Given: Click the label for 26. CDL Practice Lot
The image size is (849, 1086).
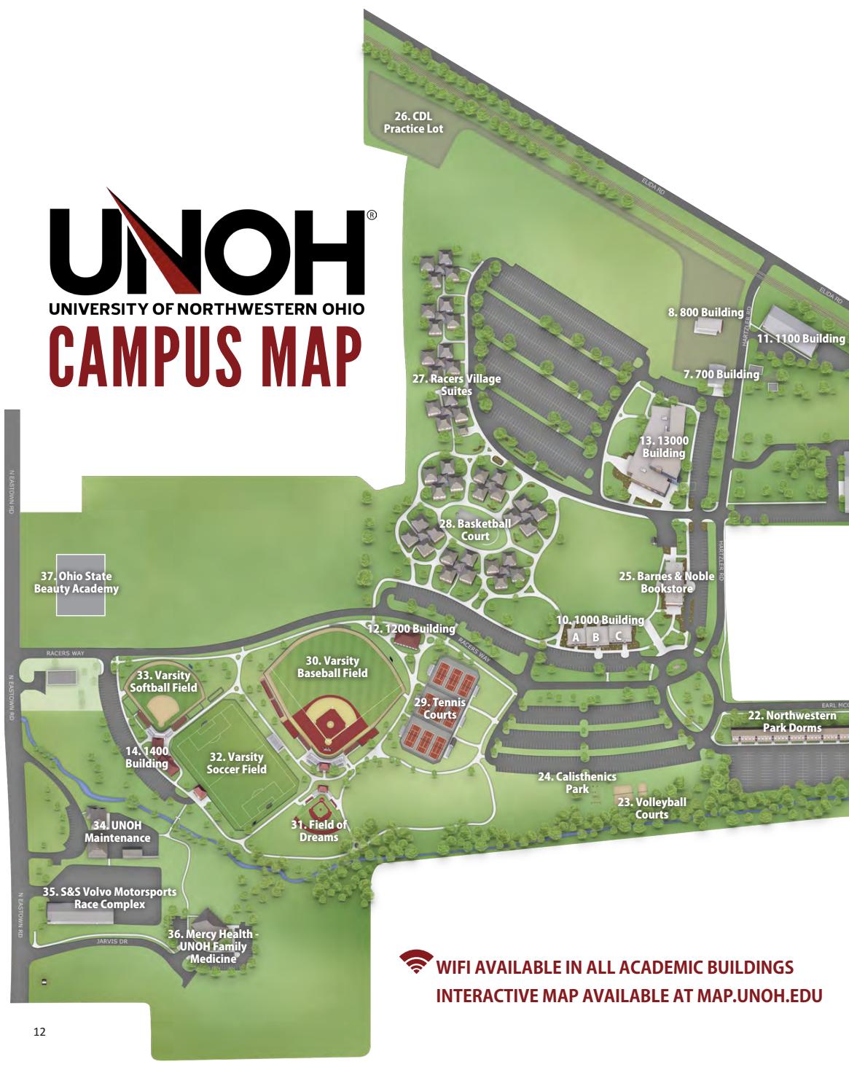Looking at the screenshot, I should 413,122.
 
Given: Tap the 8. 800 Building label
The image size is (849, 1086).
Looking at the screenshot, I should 705,312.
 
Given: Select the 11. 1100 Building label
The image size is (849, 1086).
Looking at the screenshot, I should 801,338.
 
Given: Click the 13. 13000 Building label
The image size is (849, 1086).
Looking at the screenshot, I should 663,446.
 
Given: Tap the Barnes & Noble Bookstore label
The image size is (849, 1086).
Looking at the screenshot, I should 666,582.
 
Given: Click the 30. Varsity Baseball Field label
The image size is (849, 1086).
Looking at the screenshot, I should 332,667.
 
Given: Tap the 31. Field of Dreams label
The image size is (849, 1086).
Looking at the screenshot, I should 318,830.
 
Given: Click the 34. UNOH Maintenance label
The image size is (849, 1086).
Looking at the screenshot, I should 117,832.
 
